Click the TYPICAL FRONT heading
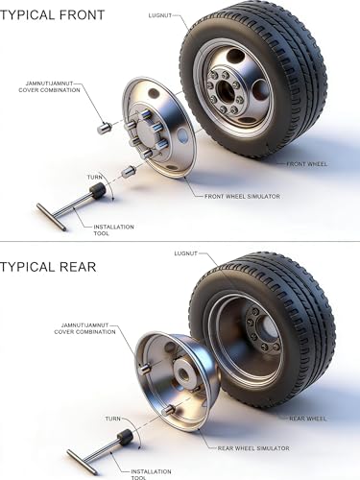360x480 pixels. click(52, 14)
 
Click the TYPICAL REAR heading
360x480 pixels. click(48, 267)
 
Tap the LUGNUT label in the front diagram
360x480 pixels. click(160, 15)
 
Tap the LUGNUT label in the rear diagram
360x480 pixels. click(186, 253)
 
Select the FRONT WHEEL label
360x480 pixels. click(307, 164)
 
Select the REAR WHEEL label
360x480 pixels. click(308, 419)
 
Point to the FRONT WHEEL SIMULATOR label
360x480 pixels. click(242, 196)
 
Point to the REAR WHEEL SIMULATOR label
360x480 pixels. click(253, 448)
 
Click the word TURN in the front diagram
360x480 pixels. click(95, 178)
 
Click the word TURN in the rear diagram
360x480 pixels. click(113, 419)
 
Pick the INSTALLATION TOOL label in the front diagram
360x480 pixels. click(113, 230)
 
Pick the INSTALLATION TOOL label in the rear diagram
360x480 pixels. click(151, 474)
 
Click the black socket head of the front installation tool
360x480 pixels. click(97, 190)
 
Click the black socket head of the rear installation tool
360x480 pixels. click(125, 438)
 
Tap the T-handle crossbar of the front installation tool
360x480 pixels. click(51, 217)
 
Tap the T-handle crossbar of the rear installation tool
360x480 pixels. click(83, 463)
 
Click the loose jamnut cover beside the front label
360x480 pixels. click(104, 129)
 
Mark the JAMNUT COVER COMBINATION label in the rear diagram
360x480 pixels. click(84, 328)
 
